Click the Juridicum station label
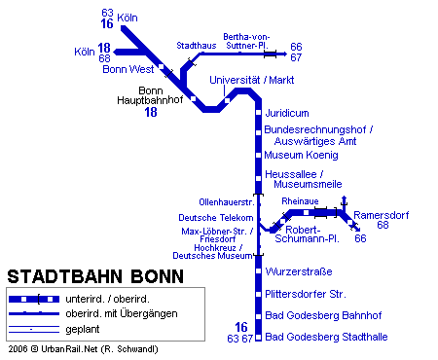(287, 113)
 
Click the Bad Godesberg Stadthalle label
(327, 337)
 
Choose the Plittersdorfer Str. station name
(307, 294)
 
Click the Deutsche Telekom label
(216, 217)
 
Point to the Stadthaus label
(195, 46)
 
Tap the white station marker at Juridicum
(259, 113)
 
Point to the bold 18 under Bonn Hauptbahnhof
(151, 113)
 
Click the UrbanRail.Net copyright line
(82, 348)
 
